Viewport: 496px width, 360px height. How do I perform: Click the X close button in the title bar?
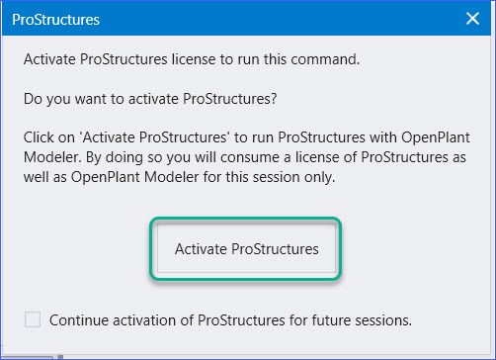471,19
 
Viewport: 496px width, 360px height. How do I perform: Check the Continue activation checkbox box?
34,319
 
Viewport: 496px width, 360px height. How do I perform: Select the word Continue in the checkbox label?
79,319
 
